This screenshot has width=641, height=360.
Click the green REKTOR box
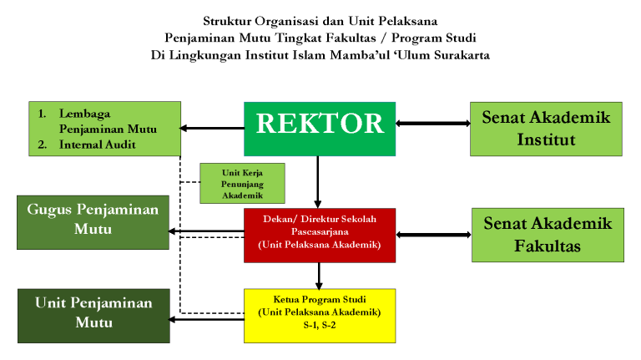320,129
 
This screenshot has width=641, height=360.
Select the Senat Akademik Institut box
546,129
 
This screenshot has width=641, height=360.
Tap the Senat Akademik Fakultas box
548,235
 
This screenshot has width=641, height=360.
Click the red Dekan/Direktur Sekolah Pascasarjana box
320,236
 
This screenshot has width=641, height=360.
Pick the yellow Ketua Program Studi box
320,316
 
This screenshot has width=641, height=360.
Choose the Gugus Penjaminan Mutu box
93,222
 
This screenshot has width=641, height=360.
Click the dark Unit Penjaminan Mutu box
93,316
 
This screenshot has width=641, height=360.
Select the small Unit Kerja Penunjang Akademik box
242,183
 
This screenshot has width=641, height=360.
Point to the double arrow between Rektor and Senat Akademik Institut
433,123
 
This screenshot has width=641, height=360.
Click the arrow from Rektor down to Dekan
318,182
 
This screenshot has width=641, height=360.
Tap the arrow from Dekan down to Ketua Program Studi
319,276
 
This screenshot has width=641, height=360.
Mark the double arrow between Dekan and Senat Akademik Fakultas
434,235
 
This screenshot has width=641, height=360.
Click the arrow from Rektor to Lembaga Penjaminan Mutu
213,128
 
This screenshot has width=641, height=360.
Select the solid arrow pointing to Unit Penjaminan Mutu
207,319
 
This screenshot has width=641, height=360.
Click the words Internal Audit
98,145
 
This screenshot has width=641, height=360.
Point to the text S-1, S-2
320,325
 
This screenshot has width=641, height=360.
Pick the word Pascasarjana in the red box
320,231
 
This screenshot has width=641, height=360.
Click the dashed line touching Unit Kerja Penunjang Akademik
190,182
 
